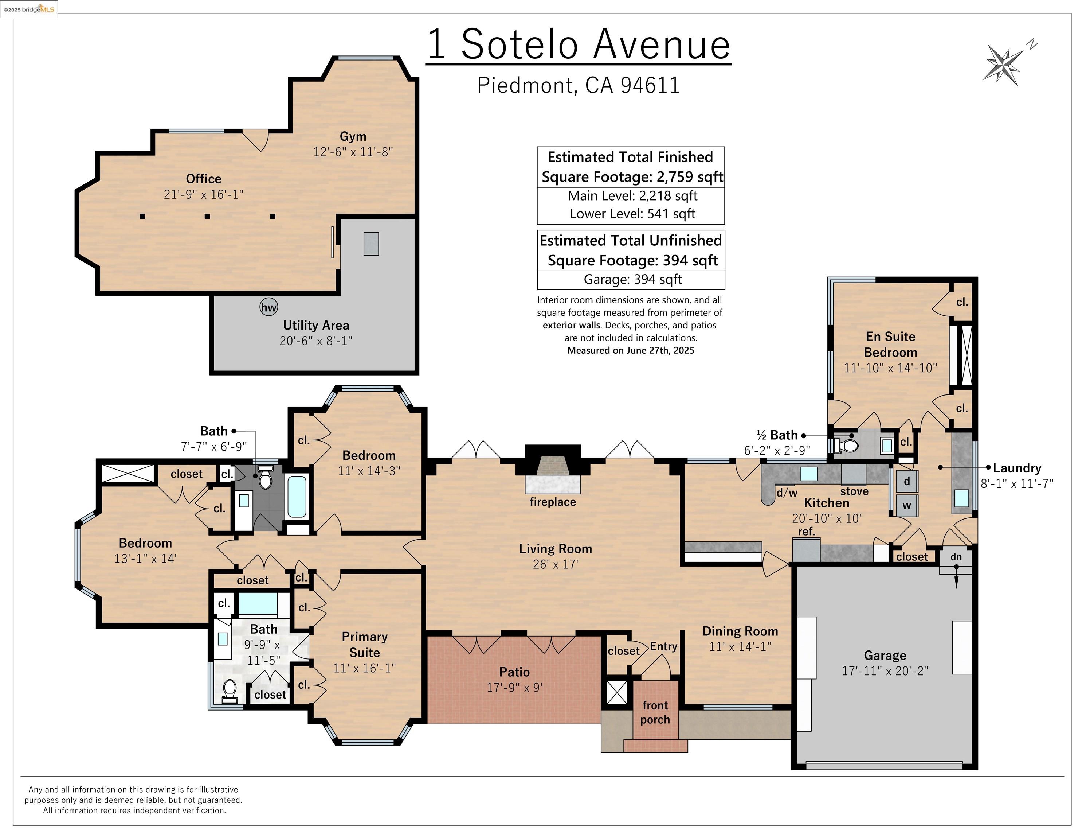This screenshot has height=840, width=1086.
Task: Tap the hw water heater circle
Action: pos(268,307)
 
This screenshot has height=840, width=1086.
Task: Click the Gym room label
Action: pos(353,136)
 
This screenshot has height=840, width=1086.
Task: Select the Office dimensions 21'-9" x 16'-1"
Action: pos(203,194)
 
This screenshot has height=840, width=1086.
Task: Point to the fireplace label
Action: pos(552,502)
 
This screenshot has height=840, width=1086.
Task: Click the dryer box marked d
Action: pos(906,481)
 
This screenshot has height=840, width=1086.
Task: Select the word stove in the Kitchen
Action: pos(854,491)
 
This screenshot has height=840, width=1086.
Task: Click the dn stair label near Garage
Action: pos(956,557)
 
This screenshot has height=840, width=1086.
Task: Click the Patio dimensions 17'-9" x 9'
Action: pos(514,687)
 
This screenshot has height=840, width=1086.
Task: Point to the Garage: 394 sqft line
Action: pos(632,279)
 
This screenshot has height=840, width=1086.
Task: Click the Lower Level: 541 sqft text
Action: pos(632,214)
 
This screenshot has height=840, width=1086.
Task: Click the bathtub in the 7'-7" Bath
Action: pos(297,497)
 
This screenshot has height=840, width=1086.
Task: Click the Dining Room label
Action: pos(740,631)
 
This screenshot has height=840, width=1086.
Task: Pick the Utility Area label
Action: pos(316,325)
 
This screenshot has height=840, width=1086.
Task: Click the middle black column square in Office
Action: pos(207,216)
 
